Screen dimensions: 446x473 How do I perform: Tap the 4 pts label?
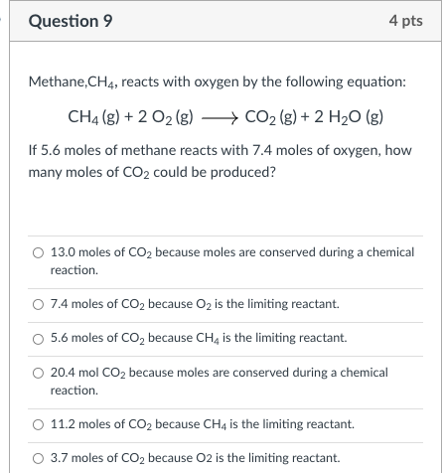click(405, 21)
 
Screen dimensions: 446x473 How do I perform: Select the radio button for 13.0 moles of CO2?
click(38, 253)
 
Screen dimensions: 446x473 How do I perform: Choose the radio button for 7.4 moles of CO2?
click(38, 303)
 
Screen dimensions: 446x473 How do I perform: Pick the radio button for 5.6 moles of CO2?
click(38, 338)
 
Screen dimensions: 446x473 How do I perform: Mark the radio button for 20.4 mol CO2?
click(38, 373)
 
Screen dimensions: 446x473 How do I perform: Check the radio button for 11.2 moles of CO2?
click(38, 424)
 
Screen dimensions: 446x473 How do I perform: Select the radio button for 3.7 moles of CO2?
click(38, 458)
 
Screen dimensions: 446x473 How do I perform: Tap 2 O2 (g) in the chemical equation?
click(167, 117)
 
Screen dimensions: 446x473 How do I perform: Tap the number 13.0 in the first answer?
click(63, 253)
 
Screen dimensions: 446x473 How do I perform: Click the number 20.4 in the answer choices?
click(63, 373)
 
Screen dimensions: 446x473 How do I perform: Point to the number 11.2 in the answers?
click(63, 424)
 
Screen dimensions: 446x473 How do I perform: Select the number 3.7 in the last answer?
click(60, 458)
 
